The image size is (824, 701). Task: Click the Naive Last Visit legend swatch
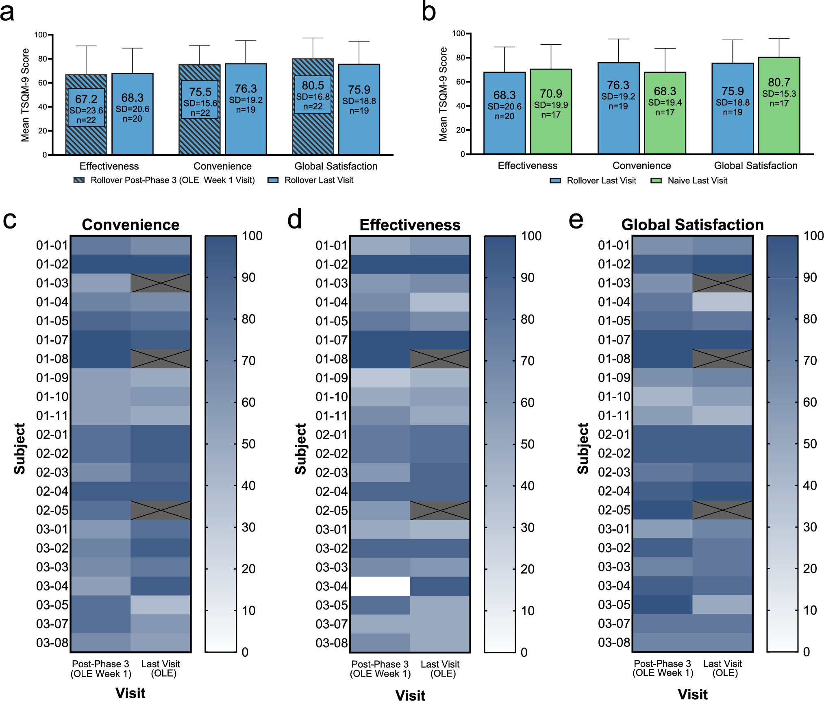pyautogui.click(x=656, y=181)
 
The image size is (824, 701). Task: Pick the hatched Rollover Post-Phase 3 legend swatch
pyautogui.click(x=79, y=180)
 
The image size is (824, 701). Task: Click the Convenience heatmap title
pyautogui.click(x=130, y=225)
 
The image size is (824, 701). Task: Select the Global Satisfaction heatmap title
pyautogui.click(x=692, y=224)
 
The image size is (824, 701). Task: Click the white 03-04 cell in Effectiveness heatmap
pyautogui.click(x=380, y=586)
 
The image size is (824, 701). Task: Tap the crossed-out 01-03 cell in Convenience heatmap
pyautogui.click(x=161, y=283)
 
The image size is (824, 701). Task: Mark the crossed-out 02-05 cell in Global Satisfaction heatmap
pyautogui.click(x=722, y=510)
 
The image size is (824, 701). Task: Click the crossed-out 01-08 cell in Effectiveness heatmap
pyautogui.click(x=440, y=359)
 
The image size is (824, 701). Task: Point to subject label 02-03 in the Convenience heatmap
pyautogui.click(x=52, y=472)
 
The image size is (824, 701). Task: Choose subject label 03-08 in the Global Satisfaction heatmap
pyautogui.click(x=614, y=642)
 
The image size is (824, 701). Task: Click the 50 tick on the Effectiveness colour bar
pyautogui.click(x=528, y=444)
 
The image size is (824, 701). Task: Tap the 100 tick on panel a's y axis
pyautogui.click(x=41, y=35)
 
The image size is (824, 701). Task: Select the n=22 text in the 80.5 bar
pyautogui.click(x=313, y=107)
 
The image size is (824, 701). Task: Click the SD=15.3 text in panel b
pyautogui.click(x=779, y=94)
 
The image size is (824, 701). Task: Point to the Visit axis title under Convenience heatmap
pyautogui.click(x=130, y=693)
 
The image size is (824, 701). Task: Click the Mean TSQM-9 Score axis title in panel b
pyautogui.click(x=443, y=94)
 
